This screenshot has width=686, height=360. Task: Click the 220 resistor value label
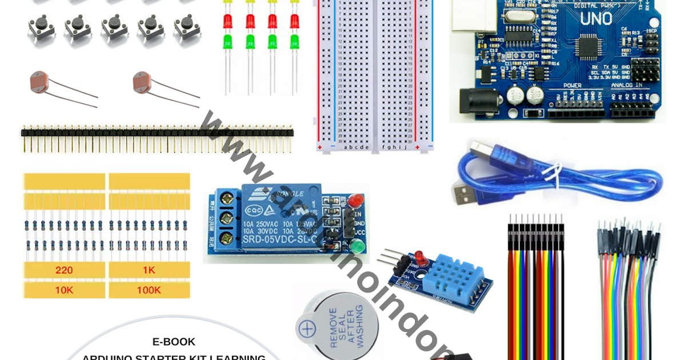(63, 270)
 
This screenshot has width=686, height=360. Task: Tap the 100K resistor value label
(149, 290)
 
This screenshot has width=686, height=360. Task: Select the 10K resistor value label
(63, 290)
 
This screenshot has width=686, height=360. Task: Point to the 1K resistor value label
(149, 270)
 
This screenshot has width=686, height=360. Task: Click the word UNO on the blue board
(596, 19)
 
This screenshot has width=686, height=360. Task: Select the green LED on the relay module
(358, 247)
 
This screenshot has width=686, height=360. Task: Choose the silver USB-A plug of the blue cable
(464, 193)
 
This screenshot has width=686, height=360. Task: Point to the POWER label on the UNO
(572, 85)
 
